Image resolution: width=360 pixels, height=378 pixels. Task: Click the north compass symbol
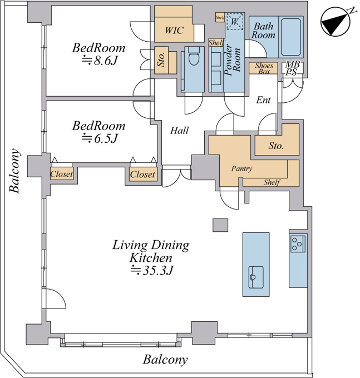336,22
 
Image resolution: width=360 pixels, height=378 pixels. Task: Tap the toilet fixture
194,56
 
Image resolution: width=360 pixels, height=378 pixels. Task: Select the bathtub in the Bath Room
291,37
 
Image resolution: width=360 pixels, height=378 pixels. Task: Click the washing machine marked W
235,22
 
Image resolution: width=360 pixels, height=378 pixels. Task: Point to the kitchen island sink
256,277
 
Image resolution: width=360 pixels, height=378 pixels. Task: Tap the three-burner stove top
298,244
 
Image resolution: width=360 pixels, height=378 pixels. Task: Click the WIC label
174,30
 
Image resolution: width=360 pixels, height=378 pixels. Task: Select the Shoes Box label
264,68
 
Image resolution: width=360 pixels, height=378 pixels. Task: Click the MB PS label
292,68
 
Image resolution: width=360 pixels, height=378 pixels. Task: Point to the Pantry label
242,168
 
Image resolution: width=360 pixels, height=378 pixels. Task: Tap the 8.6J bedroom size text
99,61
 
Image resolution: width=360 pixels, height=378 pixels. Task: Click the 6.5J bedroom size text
100,138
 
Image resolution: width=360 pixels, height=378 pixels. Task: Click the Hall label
179,131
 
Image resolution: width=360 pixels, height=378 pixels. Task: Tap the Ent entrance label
263,100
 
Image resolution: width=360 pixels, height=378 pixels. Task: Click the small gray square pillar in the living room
220,225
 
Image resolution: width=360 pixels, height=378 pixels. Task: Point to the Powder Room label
232,60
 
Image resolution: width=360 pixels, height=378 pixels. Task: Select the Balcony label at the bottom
165,360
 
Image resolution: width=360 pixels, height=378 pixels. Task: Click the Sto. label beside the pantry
276,146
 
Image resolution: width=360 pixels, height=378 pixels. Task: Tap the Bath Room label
264,31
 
